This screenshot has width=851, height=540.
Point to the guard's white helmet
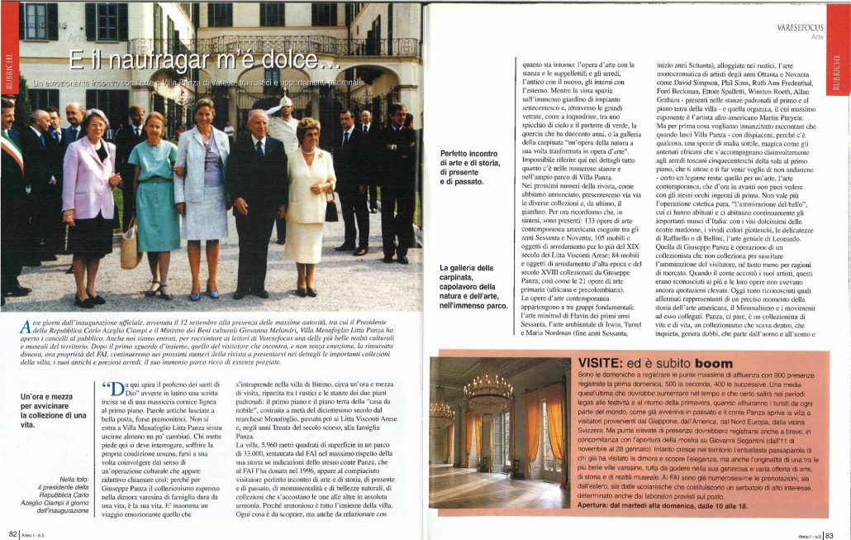(286, 103)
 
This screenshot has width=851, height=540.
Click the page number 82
(12, 533)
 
